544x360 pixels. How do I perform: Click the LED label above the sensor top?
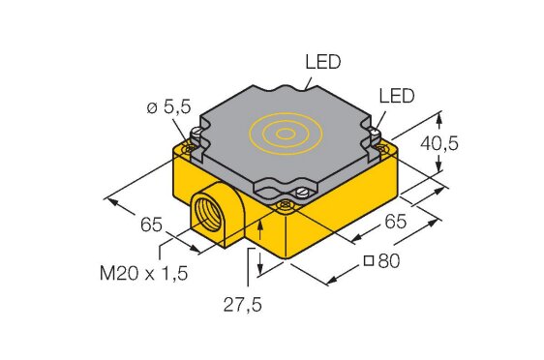point(323,62)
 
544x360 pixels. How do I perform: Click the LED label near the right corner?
point(397,96)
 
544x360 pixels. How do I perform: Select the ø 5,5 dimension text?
point(169,107)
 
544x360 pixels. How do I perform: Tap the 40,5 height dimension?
point(439,143)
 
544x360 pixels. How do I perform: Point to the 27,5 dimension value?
point(243,305)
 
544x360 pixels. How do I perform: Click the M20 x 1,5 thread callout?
point(143,273)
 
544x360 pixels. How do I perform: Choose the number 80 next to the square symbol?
point(388,260)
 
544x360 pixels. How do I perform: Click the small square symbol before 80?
point(369,260)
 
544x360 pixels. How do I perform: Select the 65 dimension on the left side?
point(151,225)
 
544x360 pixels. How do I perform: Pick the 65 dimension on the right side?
point(395,222)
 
